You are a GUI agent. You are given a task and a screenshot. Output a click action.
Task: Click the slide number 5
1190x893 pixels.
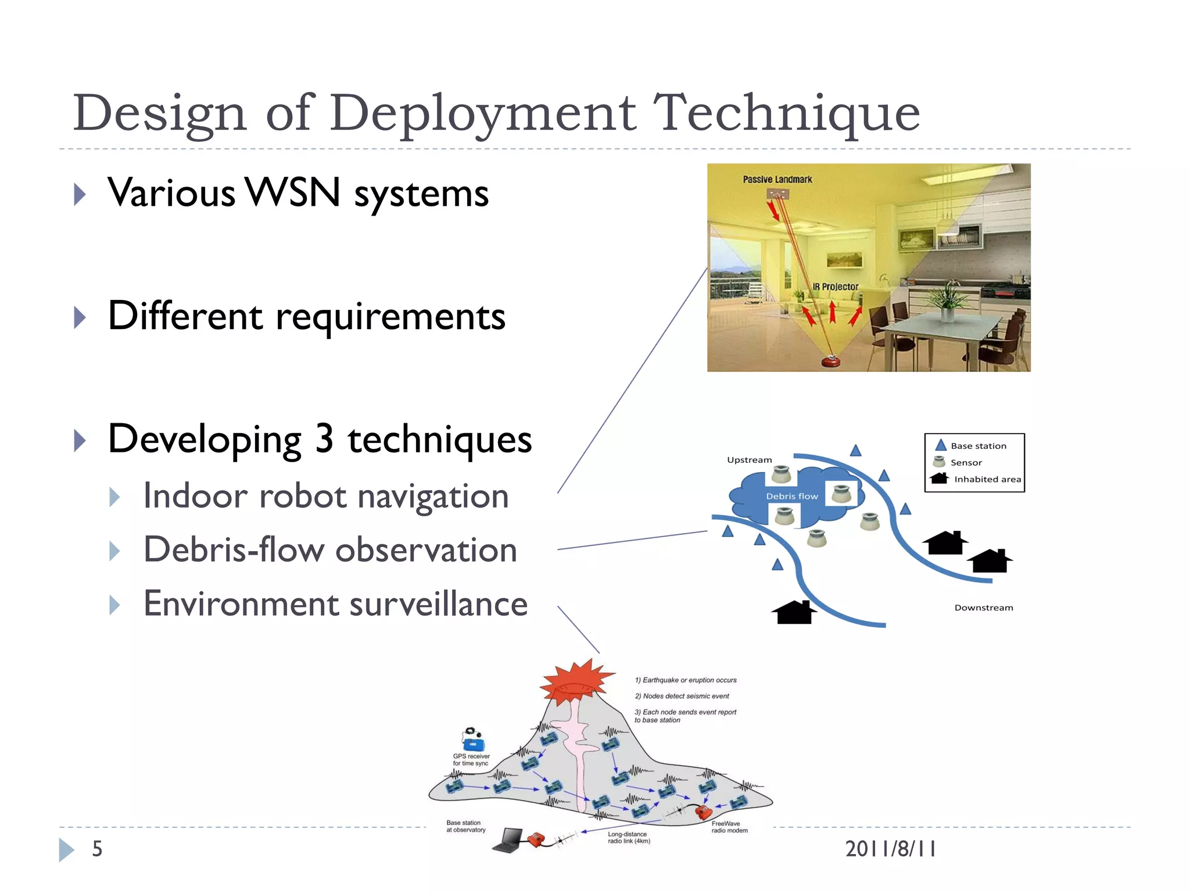tap(97, 849)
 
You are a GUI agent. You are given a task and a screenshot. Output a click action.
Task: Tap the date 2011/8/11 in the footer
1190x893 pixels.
tap(890, 849)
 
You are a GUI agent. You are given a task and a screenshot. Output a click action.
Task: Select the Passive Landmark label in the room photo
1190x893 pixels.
tap(777, 180)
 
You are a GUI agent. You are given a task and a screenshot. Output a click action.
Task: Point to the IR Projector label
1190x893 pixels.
tap(835, 287)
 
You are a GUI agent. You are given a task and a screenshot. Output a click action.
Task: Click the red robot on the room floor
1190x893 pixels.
tap(831, 362)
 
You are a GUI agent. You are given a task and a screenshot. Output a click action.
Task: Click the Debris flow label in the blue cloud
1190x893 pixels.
tap(791, 496)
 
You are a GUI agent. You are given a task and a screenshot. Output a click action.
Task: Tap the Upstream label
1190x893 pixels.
tap(749, 460)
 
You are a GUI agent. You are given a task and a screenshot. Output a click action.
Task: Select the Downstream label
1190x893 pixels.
tap(983, 608)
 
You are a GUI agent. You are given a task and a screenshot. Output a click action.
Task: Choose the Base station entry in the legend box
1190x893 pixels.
tap(978, 446)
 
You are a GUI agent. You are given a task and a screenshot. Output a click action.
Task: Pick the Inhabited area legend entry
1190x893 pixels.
tap(987, 479)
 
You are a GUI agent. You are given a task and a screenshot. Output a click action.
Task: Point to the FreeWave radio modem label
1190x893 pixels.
tap(729, 827)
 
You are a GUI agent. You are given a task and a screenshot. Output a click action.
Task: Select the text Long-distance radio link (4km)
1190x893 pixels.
tap(628, 838)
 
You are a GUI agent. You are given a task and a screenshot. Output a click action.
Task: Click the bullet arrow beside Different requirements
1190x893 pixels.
tap(80, 317)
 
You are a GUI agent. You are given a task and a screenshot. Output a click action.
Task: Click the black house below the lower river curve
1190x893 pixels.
tap(794, 613)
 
